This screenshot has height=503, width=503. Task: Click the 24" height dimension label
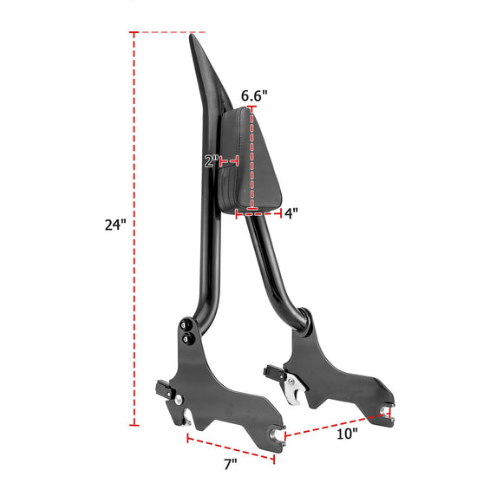tap(115, 225)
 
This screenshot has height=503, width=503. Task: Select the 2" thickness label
tap(210, 160)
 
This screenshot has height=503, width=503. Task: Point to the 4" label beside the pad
tap(291, 214)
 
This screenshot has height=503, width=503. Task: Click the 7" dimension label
tap(230, 464)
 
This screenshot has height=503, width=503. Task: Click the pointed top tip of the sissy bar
tap(193, 38)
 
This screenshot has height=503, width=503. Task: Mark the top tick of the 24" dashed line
tap(134, 33)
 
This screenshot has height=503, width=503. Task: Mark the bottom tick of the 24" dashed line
tap(134, 425)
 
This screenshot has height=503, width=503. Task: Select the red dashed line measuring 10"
tap(334, 422)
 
